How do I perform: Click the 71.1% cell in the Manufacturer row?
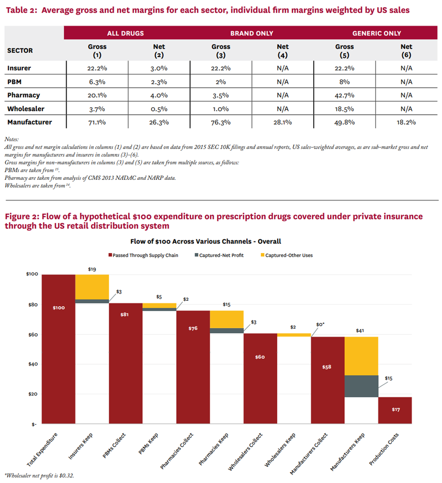[x=97, y=122]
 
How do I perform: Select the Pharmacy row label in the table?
[x=24, y=95]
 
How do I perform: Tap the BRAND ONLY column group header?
[x=251, y=34]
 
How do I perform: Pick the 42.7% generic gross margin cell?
[x=344, y=95]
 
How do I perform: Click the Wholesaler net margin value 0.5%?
[x=158, y=109]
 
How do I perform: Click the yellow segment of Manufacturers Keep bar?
[x=361, y=356]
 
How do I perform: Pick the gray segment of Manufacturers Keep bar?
[x=361, y=386]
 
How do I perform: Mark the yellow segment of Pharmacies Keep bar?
[x=227, y=319]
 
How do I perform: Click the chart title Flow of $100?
[x=220, y=241]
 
